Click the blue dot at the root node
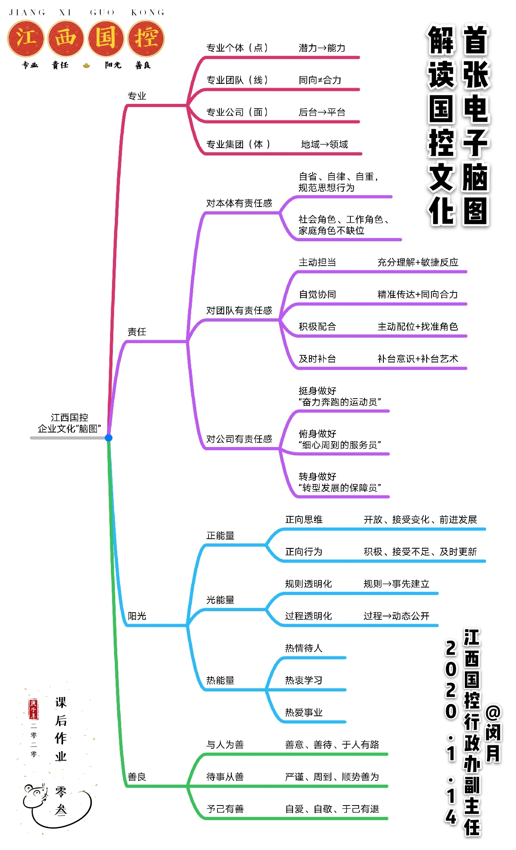coord(109,438)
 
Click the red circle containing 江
coord(26,38)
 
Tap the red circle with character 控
coord(146,38)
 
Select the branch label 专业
coord(136,96)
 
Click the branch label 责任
coord(136,332)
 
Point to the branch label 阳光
coord(136,616)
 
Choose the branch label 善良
coord(136,777)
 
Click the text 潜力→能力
coord(322,48)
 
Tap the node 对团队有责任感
coord(239,310)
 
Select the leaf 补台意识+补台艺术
coord(418,358)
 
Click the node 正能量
coord(220,536)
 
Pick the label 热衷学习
coord(304,680)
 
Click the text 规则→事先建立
coord(396,584)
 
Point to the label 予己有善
coord(225,809)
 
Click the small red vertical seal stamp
coord(33,709)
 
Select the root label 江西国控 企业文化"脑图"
coord(69,423)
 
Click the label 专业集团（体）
coord(238,144)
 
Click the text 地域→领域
coord(324,144)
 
